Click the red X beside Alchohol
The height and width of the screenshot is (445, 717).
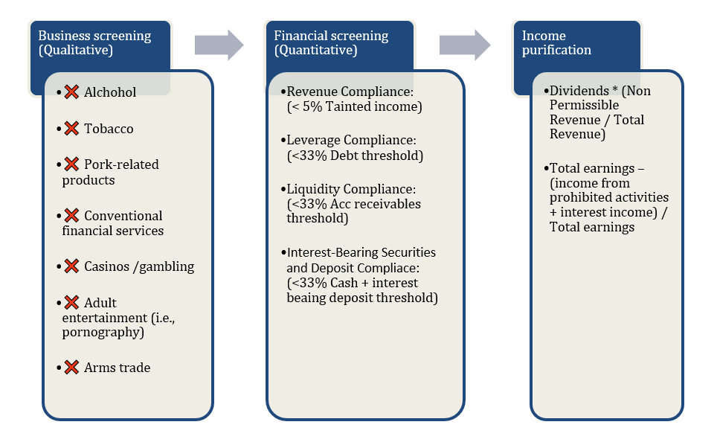click(71, 92)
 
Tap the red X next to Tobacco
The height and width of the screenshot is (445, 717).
click(71, 129)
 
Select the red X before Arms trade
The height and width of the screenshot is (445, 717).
click(71, 368)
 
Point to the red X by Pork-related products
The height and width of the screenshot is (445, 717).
click(71, 164)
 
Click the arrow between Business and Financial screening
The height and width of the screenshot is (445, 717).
click(219, 45)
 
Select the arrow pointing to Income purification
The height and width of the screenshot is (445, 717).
click(464, 45)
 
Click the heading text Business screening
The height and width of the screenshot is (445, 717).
click(94, 36)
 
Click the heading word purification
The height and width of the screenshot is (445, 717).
click(556, 51)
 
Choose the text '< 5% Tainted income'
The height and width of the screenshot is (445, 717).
click(355, 106)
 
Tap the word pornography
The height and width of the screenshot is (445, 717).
click(103, 332)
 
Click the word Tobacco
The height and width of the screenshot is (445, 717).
click(109, 129)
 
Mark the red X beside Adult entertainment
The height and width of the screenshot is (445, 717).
click(71, 303)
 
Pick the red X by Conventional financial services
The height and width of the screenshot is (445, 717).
click(71, 216)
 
